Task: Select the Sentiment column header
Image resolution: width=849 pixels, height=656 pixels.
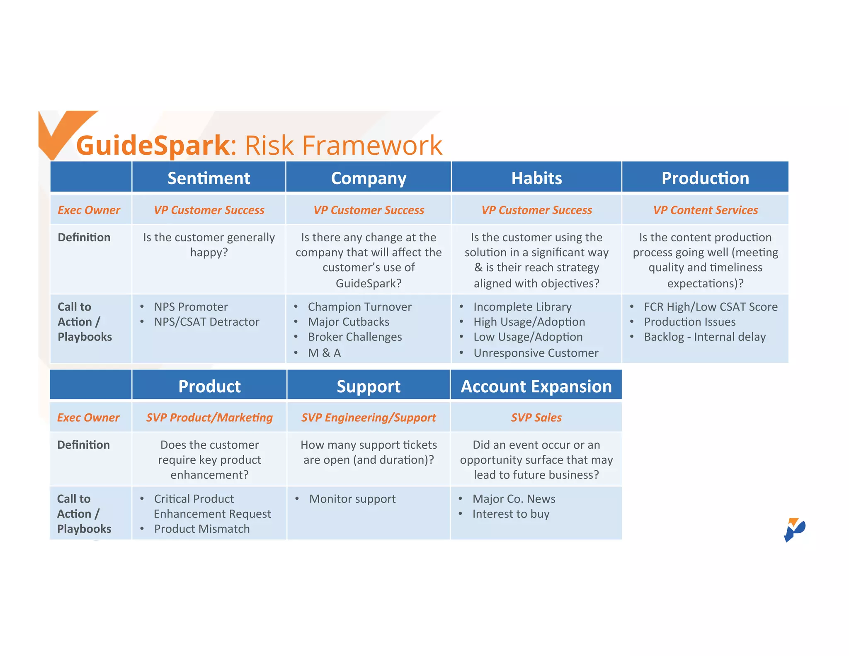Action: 209,178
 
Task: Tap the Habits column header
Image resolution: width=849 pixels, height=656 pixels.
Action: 536,178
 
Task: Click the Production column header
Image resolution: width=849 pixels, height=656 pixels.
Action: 705,178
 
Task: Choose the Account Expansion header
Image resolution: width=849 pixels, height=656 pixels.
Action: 536,386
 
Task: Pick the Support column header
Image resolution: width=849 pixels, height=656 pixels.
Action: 368,386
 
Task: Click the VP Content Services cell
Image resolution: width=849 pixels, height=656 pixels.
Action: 705,210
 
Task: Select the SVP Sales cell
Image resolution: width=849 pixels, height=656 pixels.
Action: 536,418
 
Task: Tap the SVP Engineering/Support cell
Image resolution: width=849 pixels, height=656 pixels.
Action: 368,418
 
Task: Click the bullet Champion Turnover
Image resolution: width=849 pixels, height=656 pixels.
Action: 359,307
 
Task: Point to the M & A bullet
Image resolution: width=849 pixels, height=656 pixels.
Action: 324,353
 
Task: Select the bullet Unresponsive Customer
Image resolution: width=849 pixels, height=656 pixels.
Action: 536,353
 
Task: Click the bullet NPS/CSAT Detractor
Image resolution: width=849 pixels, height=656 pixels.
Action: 206,322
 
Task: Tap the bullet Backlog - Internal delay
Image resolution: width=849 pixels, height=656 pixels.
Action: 704,337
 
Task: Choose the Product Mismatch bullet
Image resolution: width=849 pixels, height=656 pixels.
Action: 202,529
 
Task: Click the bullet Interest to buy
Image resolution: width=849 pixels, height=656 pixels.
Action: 511,514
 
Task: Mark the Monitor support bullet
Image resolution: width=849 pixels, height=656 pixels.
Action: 352,499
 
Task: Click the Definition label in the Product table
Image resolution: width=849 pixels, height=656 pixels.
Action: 83,445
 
